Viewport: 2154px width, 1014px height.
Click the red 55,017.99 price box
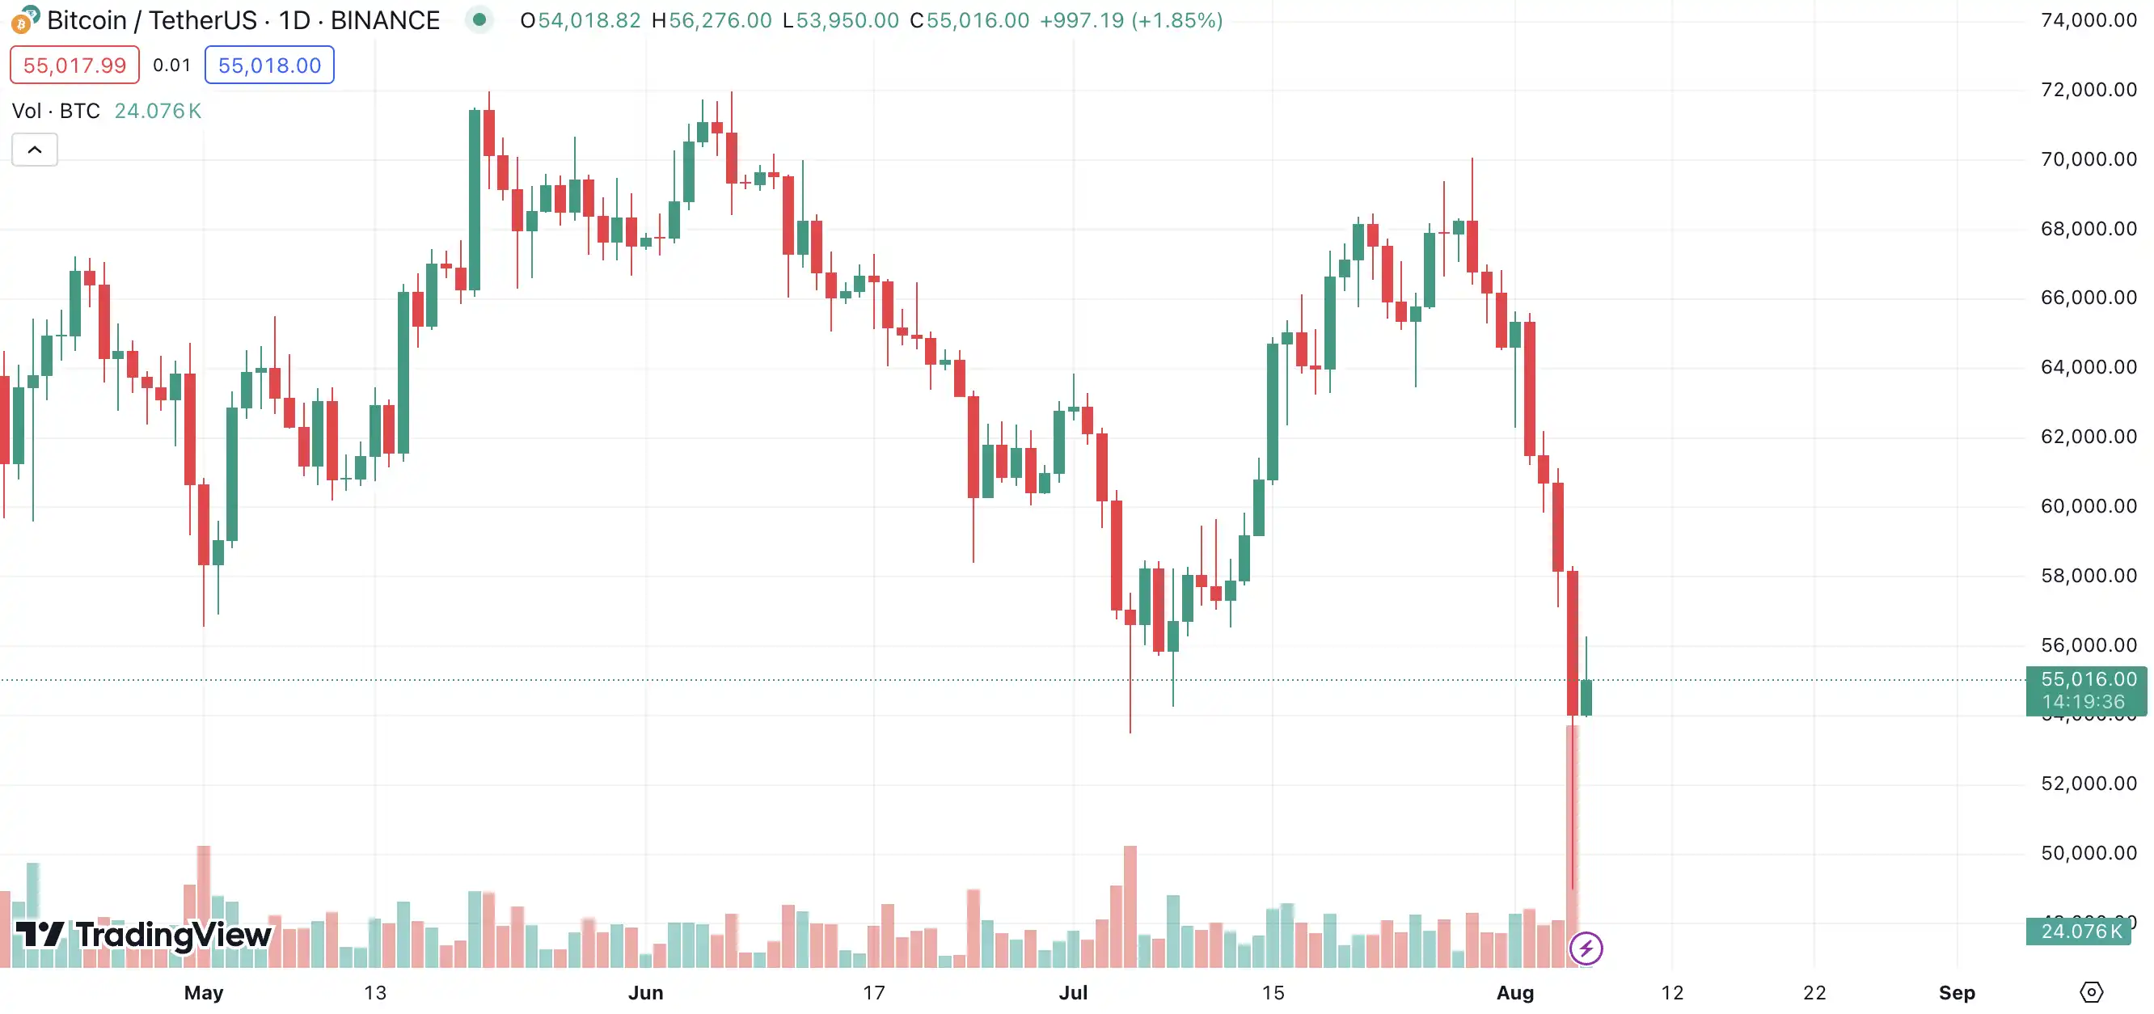coord(74,65)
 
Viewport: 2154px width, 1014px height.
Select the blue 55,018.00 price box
coord(269,65)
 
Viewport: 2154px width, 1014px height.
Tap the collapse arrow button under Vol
coord(34,150)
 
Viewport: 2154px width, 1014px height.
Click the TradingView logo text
coord(173,935)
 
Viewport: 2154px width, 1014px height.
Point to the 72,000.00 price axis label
coord(2088,90)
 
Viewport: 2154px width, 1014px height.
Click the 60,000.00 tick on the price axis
coord(2088,505)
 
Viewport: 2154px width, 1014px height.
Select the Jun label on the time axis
coord(645,992)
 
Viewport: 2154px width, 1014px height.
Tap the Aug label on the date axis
coord(1515,992)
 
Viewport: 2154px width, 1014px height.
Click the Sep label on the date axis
coord(1957,992)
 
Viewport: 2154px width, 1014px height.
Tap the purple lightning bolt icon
coord(1586,948)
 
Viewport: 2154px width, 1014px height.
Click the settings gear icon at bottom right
coord(2090,992)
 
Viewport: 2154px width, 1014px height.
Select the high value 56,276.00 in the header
coord(720,20)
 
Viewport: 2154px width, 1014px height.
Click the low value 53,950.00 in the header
coord(847,20)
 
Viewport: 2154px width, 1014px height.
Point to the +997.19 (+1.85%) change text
coord(1130,20)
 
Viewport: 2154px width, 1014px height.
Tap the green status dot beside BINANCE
coord(479,19)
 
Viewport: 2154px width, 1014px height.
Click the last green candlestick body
coord(1586,697)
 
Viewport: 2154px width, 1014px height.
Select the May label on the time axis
coord(203,992)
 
